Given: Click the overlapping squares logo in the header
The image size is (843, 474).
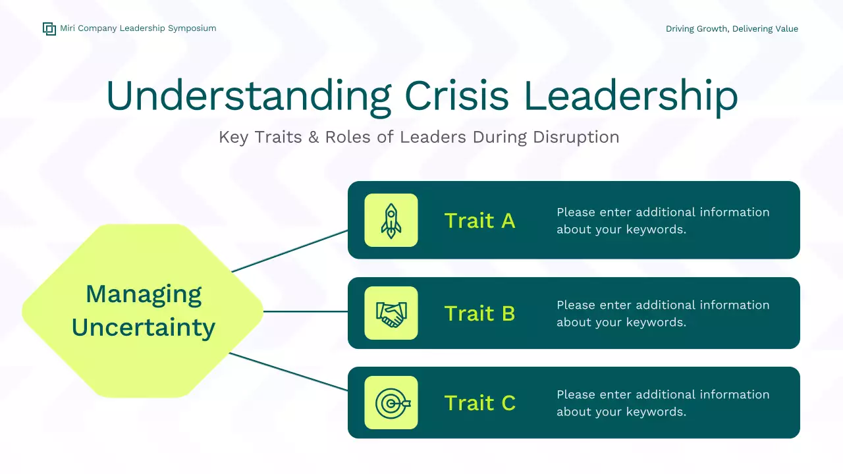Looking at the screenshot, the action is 49,29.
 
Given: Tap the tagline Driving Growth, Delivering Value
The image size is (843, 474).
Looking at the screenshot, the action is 732,29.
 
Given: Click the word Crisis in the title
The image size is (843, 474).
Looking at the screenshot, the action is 457,95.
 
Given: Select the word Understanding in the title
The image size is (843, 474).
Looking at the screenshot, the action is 249,96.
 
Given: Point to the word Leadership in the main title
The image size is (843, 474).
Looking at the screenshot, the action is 630,97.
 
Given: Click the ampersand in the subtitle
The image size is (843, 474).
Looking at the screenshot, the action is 313,138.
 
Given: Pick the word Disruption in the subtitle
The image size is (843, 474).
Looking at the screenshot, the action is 576,138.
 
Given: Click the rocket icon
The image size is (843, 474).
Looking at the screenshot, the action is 391,221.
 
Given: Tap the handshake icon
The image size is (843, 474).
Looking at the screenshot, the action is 391,314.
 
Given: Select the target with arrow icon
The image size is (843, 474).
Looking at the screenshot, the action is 393,404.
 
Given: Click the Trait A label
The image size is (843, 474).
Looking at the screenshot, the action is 479,221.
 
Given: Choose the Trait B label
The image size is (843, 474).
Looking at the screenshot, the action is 479,313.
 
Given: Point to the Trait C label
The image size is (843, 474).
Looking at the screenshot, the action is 480,403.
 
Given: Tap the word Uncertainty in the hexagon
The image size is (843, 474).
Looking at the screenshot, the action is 144,327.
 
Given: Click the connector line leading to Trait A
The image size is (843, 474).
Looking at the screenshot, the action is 289,251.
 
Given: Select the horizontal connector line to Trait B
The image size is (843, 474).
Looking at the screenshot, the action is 305,311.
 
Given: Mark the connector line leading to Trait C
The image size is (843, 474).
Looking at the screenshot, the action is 288,372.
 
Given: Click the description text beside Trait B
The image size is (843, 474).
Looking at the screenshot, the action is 663,313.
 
